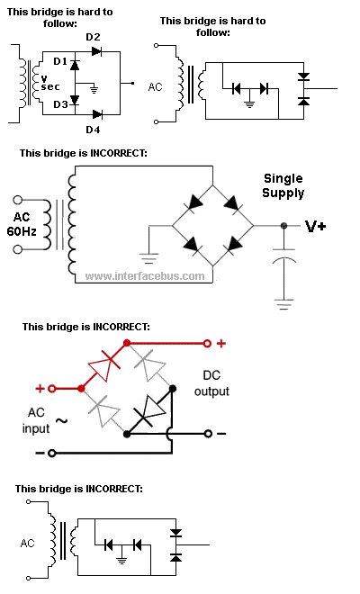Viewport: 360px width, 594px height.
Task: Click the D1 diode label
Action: (60, 61)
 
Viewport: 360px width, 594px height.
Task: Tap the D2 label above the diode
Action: (93, 37)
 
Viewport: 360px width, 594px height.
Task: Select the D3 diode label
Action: (60, 104)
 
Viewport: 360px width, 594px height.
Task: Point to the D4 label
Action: (93, 130)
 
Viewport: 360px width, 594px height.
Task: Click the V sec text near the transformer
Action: (50, 83)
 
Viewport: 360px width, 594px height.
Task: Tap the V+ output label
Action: (316, 227)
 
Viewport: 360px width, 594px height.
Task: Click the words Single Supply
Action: (283, 185)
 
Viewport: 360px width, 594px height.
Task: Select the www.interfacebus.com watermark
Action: (145, 275)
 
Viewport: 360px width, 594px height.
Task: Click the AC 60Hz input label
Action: (22, 224)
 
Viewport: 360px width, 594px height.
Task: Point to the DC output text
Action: (211, 383)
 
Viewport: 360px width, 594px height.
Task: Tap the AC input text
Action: (36, 420)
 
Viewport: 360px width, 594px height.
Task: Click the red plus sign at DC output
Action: (220, 344)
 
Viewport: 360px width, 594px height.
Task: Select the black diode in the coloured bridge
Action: (150, 410)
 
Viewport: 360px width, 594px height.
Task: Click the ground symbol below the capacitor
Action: (284, 304)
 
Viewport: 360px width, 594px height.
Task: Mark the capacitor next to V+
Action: (284, 255)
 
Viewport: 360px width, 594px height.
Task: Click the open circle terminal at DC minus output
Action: (208, 434)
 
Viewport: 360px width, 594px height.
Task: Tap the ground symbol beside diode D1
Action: (94, 90)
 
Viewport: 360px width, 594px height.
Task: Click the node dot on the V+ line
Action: (283, 226)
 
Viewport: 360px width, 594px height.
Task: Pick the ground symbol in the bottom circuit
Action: (121, 561)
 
